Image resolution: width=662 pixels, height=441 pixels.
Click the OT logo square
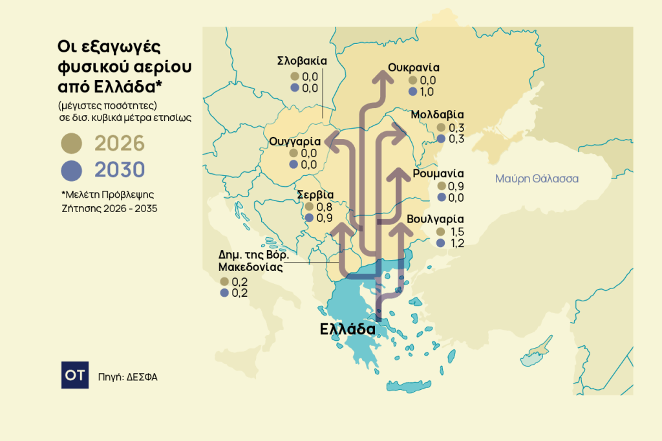click(75, 375)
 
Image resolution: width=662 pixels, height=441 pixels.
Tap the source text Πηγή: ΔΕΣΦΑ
click(128, 376)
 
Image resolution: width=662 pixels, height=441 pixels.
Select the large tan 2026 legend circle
click(71, 143)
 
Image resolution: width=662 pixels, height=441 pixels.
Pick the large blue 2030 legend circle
click(71, 170)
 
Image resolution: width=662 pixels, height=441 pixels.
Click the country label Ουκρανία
click(414, 67)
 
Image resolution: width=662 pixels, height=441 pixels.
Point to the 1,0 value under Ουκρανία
click(428, 92)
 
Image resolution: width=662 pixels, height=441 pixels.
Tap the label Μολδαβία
click(438, 115)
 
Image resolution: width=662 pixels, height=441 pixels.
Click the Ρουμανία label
click(438, 173)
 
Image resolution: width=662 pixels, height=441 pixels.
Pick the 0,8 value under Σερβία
click(325, 207)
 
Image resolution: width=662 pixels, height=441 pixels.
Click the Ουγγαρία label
click(295, 141)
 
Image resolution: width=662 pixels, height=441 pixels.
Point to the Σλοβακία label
click(302, 61)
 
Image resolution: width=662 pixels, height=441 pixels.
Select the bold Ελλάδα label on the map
click(348, 329)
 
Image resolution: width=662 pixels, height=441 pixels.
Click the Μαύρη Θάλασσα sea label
click(537, 178)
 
